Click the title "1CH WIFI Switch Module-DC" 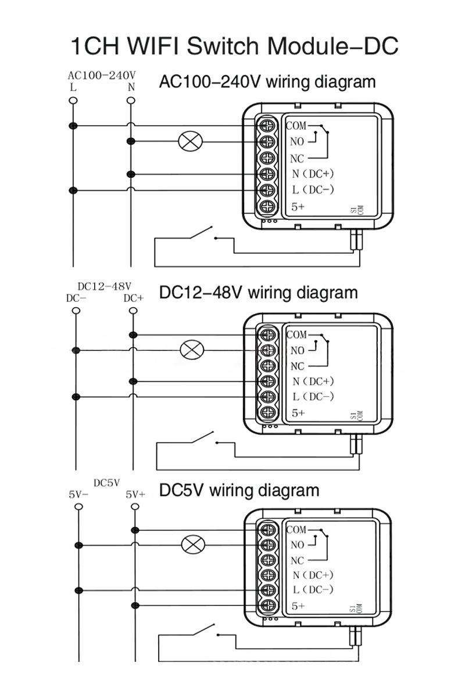[x=234, y=45]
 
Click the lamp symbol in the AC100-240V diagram [x=188, y=141]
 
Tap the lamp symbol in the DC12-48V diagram [x=191, y=350]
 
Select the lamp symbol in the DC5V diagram [x=191, y=545]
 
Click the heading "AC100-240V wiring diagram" [x=267, y=82]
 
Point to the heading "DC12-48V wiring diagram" [x=259, y=292]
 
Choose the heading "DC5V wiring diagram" [x=239, y=490]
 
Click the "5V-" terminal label [x=78, y=495]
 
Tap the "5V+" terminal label [x=135, y=495]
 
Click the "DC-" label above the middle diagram [x=76, y=298]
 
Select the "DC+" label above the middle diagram [x=134, y=298]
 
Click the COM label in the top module [x=296, y=125]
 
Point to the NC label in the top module [x=297, y=158]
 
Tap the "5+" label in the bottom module [x=298, y=606]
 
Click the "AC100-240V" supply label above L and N [x=102, y=76]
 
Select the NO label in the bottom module [x=297, y=545]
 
